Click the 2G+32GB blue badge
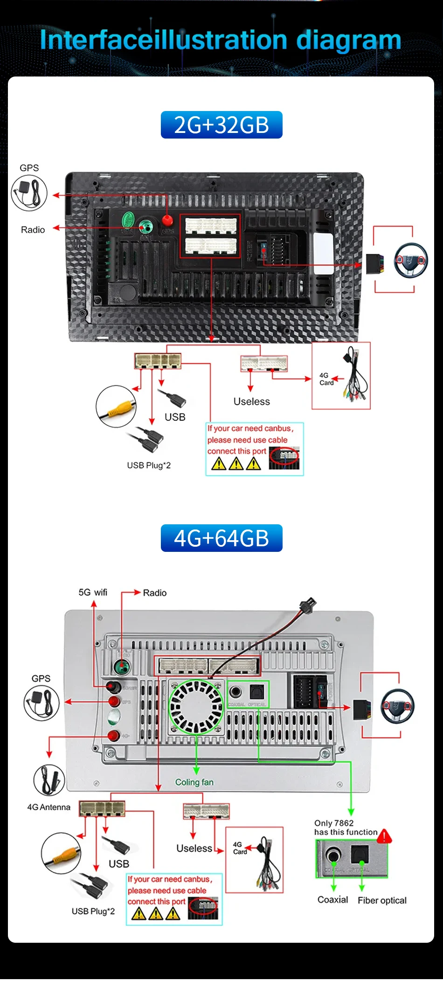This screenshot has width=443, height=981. tap(221, 125)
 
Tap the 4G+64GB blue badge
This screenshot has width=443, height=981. tap(221, 538)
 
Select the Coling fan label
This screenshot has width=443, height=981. tap(194, 782)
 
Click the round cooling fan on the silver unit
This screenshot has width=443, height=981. tap(196, 706)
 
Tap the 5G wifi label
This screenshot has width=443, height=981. tap(93, 592)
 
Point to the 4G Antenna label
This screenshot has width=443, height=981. tap(48, 807)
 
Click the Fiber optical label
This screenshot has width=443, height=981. tap(382, 900)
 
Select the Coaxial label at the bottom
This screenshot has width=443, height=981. tap(332, 900)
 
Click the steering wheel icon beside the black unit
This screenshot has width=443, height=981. tap(411, 260)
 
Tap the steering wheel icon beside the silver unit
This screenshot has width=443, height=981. tap(398, 706)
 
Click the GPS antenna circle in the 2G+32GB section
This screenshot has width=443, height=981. tap(29, 193)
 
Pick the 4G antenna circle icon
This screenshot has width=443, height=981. tap(49, 780)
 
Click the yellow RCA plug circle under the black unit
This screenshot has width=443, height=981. tap(116, 406)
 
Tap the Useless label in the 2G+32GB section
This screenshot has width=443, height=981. tap(251, 402)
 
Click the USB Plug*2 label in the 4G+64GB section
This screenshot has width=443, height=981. tap(93, 911)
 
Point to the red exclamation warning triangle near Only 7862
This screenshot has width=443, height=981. tap(384, 836)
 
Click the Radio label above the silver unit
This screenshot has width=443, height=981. tap(154, 593)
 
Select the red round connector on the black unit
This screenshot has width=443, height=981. tap(167, 220)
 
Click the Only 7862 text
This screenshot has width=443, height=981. tap(334, 823)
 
